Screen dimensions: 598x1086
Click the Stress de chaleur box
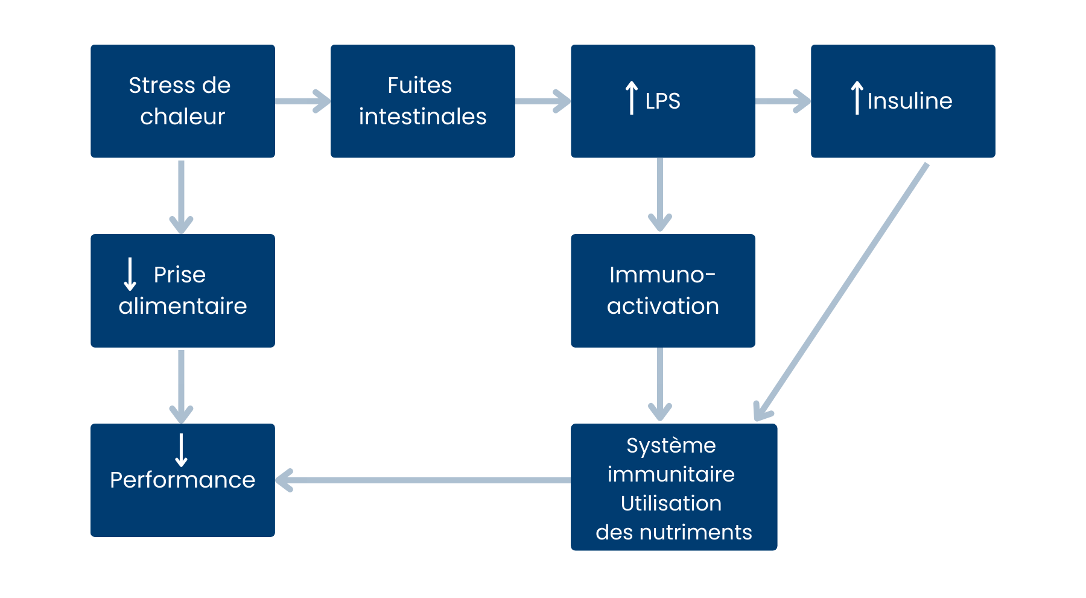click(x=182, y=101)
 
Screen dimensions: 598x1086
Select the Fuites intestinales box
click(x=422, y=101)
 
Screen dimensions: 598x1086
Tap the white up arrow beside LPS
click(x=631, y=98)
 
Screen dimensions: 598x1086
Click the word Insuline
click(x=909, y=101)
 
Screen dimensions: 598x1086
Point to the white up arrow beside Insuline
click(x=857, y=98)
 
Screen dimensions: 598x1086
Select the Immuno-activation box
click(x=662, y=290)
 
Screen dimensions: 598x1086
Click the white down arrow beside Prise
click(x=130, y=274)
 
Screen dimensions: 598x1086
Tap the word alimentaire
click(x=182, y=306)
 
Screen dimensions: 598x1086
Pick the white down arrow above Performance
click(x=181, y=450)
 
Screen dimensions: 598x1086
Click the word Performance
click(x=182, y=480)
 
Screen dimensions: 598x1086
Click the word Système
click(x=671, y=445)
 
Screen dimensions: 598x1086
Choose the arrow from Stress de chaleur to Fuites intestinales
click(x=303, y=101)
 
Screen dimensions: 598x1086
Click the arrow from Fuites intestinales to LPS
click(x=543, y=101)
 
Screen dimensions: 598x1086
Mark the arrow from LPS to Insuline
click(x=783, y=101)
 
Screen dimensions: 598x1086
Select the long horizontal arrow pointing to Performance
click(x=422, y=480)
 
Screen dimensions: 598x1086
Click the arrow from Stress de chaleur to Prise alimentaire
click(x=181, y=196)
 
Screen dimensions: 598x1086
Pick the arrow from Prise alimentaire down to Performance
click(x=181, y=386)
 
